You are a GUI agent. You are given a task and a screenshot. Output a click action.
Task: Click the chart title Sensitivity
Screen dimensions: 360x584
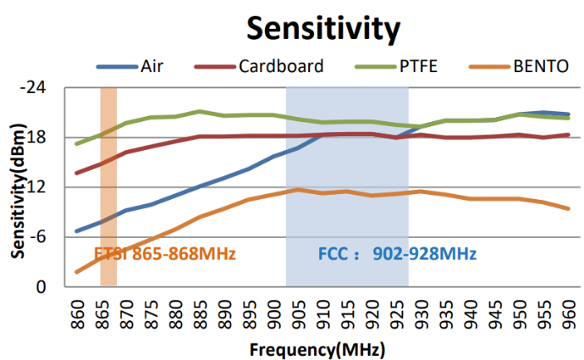point(322,28)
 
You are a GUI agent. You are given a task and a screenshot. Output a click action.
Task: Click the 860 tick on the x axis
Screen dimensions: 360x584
point(77,310)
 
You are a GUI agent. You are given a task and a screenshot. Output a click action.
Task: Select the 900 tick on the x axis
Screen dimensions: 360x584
point(273,310)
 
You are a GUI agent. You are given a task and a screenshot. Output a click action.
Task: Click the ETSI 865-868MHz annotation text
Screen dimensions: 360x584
point(164,253)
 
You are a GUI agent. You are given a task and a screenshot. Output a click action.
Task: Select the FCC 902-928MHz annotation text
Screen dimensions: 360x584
point(397,253)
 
